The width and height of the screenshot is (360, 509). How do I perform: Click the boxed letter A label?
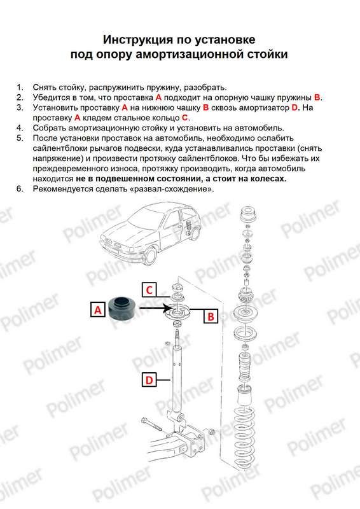point(97,310)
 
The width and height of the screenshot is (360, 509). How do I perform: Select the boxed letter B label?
point(211,316)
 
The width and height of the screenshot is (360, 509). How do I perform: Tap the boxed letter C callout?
point(149,289)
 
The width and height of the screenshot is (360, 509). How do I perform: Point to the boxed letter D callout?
point(149,379)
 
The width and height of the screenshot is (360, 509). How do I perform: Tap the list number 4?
point(20,128)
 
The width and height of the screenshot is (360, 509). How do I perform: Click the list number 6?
point(20,188)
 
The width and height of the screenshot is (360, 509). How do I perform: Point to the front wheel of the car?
point(149,256)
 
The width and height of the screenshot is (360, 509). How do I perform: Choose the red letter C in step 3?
point(184,118)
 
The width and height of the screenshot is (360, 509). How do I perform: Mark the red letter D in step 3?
point(294,108)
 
